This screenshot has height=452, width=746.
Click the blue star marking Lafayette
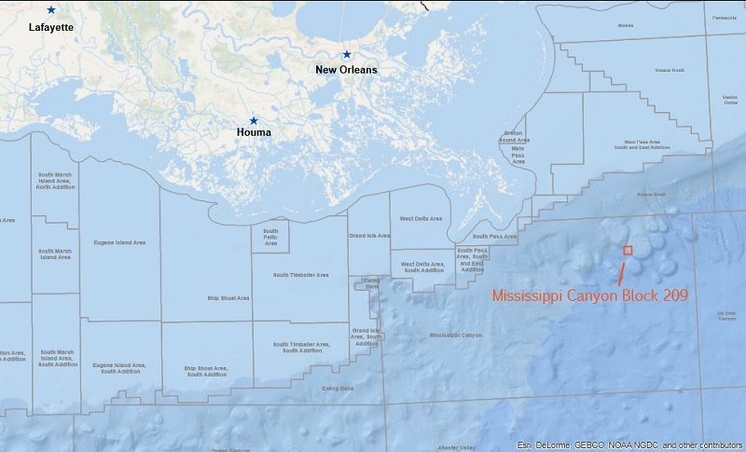50,9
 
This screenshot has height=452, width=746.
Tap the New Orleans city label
346,70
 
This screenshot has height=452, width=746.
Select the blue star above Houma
253,120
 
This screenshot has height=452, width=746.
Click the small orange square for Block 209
628,250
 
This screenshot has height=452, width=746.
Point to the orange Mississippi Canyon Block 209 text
589,295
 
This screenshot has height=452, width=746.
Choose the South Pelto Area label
270,238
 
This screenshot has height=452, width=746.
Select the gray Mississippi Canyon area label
456,335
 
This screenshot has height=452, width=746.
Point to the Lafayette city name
50,28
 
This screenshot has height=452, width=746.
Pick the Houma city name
253,132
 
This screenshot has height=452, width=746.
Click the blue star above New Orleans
346,55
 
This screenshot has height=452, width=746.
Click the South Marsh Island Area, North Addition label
56,181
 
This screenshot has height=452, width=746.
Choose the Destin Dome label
729,99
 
